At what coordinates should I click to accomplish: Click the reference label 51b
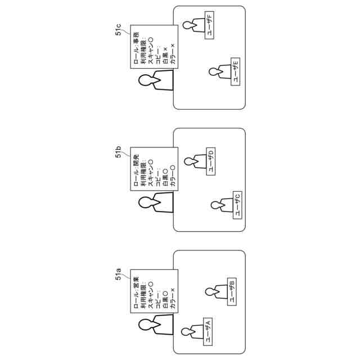pos(119,151)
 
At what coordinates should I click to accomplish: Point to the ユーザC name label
pos(237,205)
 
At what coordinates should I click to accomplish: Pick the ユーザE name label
pos(236,71)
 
